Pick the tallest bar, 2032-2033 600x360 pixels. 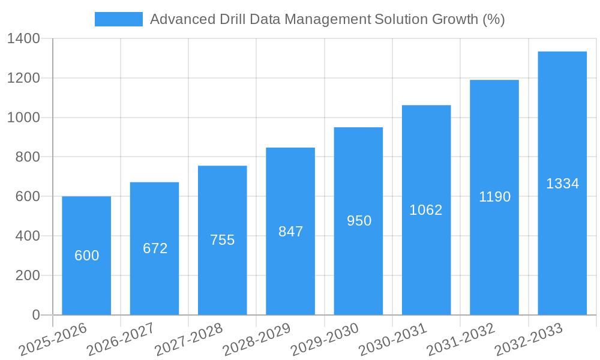(562, 240)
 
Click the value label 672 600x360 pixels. (155, 248)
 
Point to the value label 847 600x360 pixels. (291, 232)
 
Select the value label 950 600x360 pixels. (359, 221)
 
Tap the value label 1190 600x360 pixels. (494, 197)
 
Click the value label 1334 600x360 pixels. (562, 184)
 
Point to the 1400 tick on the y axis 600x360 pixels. (23, 39)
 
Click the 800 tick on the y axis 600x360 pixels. (28, 157)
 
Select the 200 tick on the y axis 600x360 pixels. (28, 275)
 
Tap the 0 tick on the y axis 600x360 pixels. (35, 315)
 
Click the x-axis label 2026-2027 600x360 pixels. (121, 339)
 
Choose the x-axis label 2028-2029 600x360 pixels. (257, 339)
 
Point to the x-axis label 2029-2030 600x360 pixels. (325, 339)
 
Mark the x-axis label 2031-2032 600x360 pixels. (461, 339)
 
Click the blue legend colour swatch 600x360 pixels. (118, 19)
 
